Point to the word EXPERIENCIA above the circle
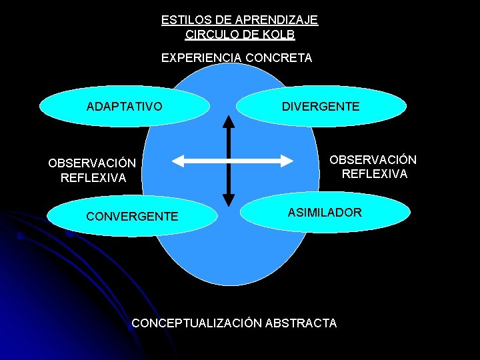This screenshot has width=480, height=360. [201, 58]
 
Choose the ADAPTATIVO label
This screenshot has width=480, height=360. [124, 106]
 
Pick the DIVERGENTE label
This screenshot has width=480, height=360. [320, 106]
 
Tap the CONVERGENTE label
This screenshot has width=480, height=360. [133, 216]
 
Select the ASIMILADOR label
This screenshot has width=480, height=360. [325, 213]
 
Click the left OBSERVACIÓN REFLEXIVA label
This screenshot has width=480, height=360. [92, 171]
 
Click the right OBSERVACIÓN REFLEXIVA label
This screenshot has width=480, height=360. [373, 167]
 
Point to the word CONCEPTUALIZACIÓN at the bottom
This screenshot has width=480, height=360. [197, 323]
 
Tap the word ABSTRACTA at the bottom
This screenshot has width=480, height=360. [301, 323]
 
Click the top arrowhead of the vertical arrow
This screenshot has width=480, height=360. [229, 121]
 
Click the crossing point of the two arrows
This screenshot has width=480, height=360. [229, 160]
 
